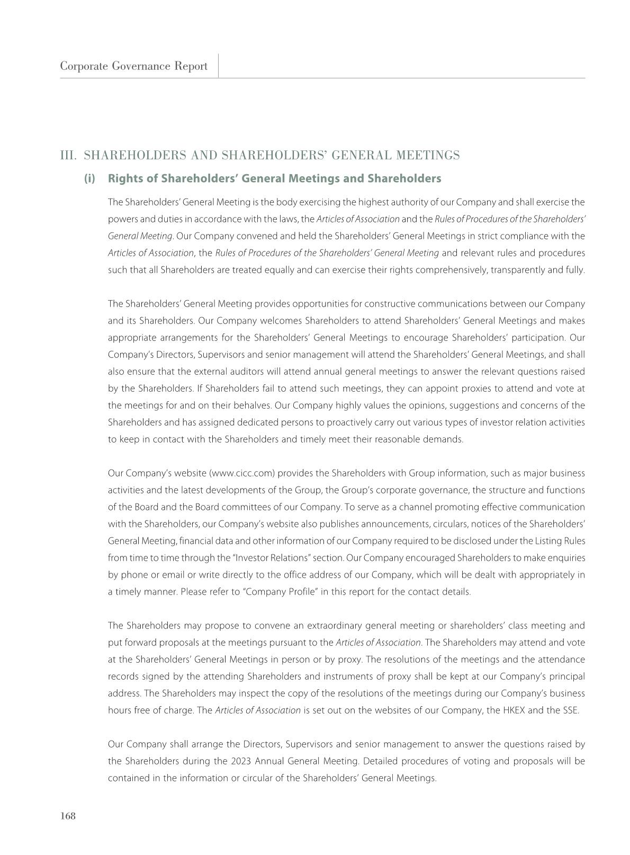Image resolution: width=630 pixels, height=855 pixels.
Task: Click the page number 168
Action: (68, 816)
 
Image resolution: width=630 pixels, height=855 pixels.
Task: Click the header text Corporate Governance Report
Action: (133, 66)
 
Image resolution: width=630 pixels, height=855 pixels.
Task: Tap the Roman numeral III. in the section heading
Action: (69, 155)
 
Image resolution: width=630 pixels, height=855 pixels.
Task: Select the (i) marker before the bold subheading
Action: (89, 178)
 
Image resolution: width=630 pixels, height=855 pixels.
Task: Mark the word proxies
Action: (447, 388)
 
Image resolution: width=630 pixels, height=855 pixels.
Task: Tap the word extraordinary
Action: (328, 625)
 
